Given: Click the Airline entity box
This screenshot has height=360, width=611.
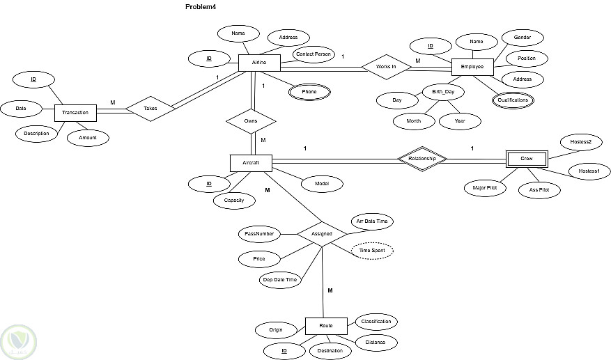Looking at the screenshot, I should tap(258, 63).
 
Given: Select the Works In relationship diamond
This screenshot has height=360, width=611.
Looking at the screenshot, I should tap(386, 67).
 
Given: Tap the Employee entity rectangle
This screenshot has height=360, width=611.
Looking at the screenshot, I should tap(472, 67).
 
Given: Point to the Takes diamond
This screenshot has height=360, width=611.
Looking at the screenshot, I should tap(150, 109).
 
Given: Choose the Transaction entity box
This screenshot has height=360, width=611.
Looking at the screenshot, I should tap(75, 113).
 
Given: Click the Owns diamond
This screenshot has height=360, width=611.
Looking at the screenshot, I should tap(251, 120).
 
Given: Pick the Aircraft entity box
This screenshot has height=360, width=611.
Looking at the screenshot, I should tap(251, 162).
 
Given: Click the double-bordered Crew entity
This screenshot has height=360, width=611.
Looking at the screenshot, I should tap(527, 159).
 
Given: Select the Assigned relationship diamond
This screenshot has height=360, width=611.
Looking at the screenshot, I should tap(322, 234).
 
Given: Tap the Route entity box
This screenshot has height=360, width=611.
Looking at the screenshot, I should tap(326, 325).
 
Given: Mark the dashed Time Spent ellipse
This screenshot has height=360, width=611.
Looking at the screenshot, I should tap(372, 250).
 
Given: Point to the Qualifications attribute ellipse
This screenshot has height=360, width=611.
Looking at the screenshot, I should tap(513, 100).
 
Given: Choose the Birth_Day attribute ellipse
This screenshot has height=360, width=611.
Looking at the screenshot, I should tap(443, 91).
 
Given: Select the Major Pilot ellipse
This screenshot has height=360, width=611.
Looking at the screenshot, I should tap(485, 187).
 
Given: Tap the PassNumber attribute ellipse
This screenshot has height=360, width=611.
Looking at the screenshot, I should tap(258, 233).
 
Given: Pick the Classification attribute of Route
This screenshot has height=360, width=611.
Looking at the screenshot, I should tap(376, 322).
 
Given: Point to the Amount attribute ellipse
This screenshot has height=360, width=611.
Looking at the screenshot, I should tap(88, 139).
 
